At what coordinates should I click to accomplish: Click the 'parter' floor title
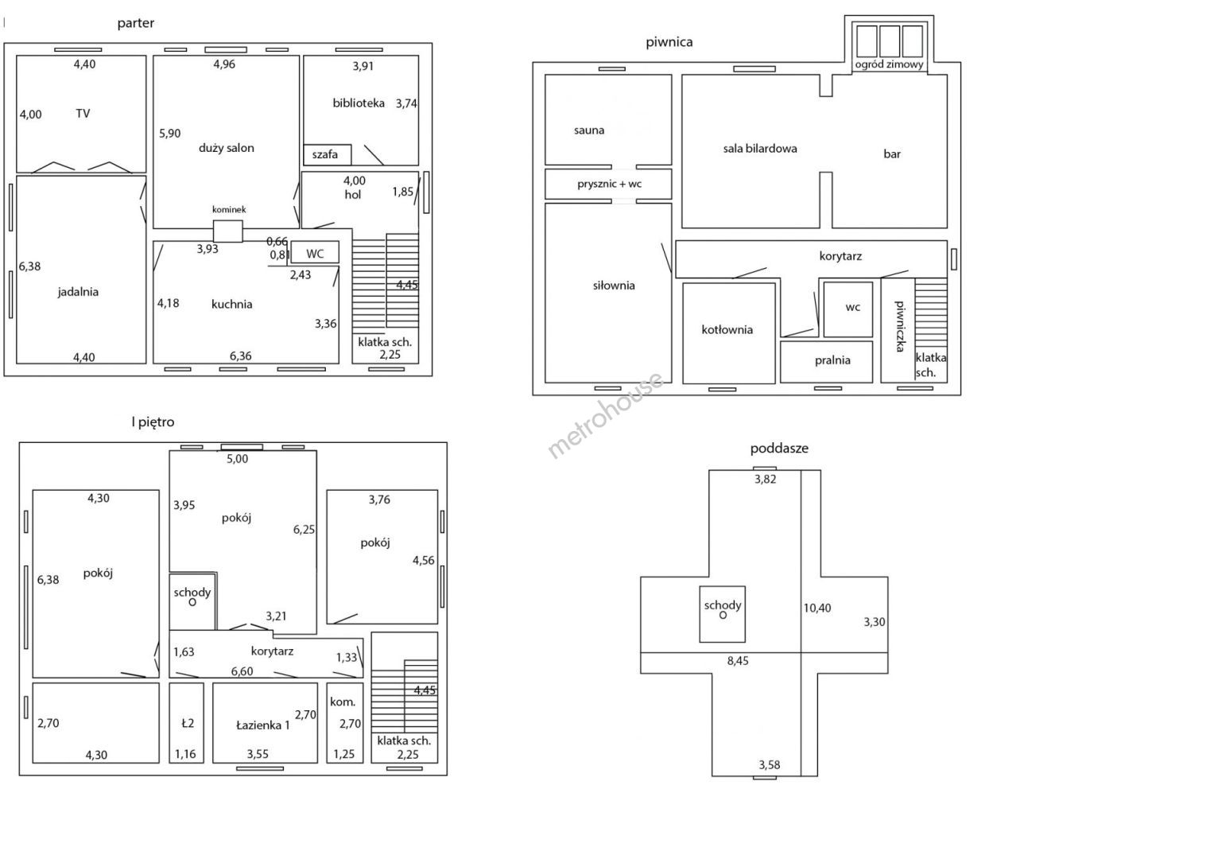pyautogui.click(x=135, y=23)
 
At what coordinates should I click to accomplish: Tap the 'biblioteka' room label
pyautogui.click(x=359, y=103)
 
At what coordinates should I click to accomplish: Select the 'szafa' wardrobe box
pyautogui.click(x=327, y=154)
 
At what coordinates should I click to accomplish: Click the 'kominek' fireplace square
pyautogui.click(x=228, y=231)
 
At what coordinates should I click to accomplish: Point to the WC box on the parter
pyautogui.click(x=315, y=252)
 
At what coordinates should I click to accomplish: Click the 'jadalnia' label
pyautogui.click(x=78, y=292)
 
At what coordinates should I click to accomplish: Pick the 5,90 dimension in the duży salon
pyautogui.click(x=169, y=134)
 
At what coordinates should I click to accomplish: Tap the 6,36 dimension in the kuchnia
pyautogui.click(x=240, y=356)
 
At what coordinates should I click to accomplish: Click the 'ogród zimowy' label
pyautogui.click(x=889, y=64)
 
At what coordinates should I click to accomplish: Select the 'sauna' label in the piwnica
pyautogui.click(x=589, y=130)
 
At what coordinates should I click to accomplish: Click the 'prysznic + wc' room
pyautogui.click(x=608, y=184)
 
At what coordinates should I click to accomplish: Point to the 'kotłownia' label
pyautogui.click(x=727, y=329)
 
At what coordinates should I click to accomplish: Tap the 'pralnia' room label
pyautogui.click(x=832, y=360)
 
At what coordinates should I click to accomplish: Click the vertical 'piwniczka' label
pyautogui.click(x=901, y=326)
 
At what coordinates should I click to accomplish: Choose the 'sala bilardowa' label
pyautogui.click(x=759, y=149)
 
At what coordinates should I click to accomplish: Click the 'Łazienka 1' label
pyautogui.click(x=263, y=725)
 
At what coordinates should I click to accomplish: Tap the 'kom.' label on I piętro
pyautogui.click(x=343, y=702)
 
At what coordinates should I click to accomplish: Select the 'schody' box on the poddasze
pyautogui.click(x=722, y=614)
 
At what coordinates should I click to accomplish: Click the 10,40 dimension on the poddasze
pyautogui.click(x=817, y=608)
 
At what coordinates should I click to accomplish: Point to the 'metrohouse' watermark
pyautogui.click(x=605, y=415)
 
